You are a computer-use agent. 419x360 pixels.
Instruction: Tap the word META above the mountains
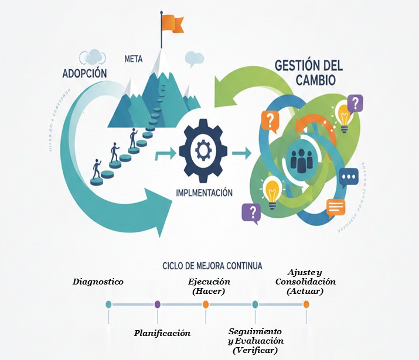tap(134, 59)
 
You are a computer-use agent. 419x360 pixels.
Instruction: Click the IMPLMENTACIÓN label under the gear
tap(204, 192)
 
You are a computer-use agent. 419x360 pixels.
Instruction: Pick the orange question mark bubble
tap(269, 122)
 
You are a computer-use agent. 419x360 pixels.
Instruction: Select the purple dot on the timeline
tap(157, 304)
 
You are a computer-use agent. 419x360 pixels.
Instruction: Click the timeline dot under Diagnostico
tap(108, 304)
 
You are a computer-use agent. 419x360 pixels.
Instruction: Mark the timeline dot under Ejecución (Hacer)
tap(206, 304)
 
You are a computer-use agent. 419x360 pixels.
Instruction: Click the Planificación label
tap(162, 333)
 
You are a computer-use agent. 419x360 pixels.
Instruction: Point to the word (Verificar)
tap(255, 350)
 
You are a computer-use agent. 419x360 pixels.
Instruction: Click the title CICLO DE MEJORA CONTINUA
tap(212, 266)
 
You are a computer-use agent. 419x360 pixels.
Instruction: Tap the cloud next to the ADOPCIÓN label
tap(92, 57)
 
